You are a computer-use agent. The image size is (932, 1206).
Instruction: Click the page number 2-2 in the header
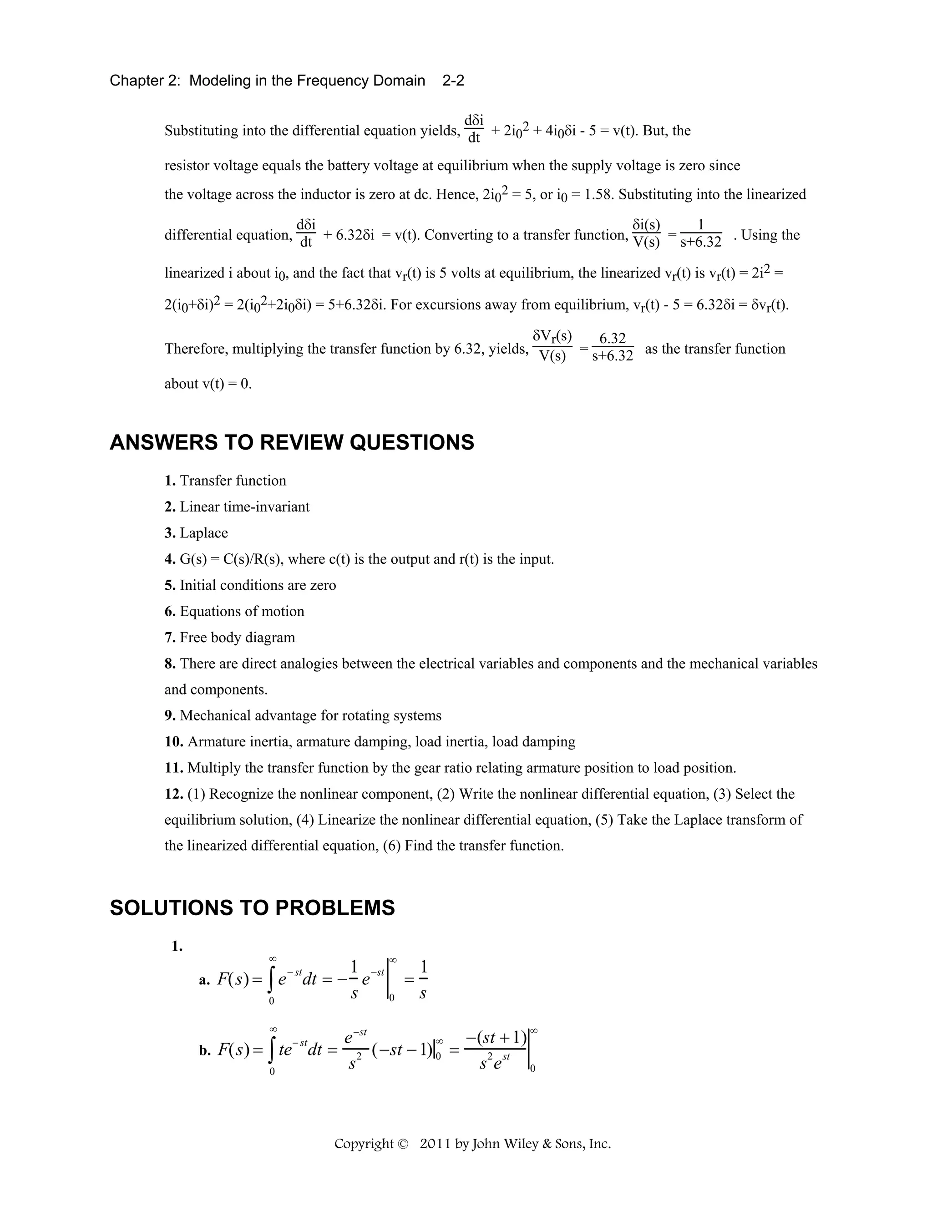click(453, 81)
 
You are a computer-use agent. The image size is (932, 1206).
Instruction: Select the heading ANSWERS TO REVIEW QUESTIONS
click(292, 443)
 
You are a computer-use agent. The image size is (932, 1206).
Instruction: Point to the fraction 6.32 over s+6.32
click(613, 347)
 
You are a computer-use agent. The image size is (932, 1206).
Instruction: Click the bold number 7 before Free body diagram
click(169, 638)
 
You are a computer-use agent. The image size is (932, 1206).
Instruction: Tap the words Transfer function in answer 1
click(233, 481)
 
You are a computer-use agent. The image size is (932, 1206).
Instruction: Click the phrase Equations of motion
click(242, 611)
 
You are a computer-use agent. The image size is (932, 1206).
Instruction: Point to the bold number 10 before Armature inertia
click(173, 742)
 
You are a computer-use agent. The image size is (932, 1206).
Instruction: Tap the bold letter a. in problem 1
click(204, 981)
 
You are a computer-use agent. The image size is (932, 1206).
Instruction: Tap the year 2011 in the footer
click(435, 1144)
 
